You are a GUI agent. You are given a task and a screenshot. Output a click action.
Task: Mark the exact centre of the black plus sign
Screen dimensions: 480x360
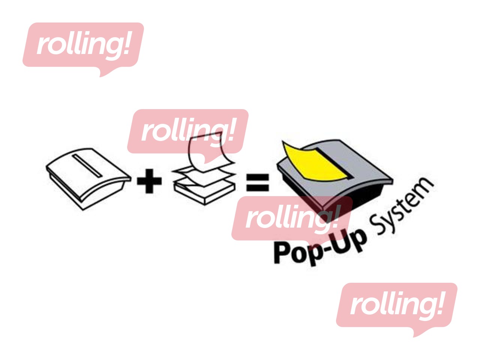[149, 181]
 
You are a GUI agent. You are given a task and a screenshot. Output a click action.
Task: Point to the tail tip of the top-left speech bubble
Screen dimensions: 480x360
[100, 77]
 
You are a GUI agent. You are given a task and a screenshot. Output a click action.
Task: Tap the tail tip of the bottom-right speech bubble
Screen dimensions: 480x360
[414, 337]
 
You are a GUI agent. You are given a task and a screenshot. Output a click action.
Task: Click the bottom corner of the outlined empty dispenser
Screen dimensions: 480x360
[83, 210]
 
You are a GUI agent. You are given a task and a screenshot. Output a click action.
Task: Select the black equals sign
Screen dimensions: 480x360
[257, 183]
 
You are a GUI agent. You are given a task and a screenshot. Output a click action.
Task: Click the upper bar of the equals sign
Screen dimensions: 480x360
[257, 177]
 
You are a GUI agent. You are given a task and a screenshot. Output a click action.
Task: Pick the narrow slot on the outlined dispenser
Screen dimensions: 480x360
[87, 166]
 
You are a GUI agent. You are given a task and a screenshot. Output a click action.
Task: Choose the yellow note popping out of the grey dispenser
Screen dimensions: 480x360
[315, 161]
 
